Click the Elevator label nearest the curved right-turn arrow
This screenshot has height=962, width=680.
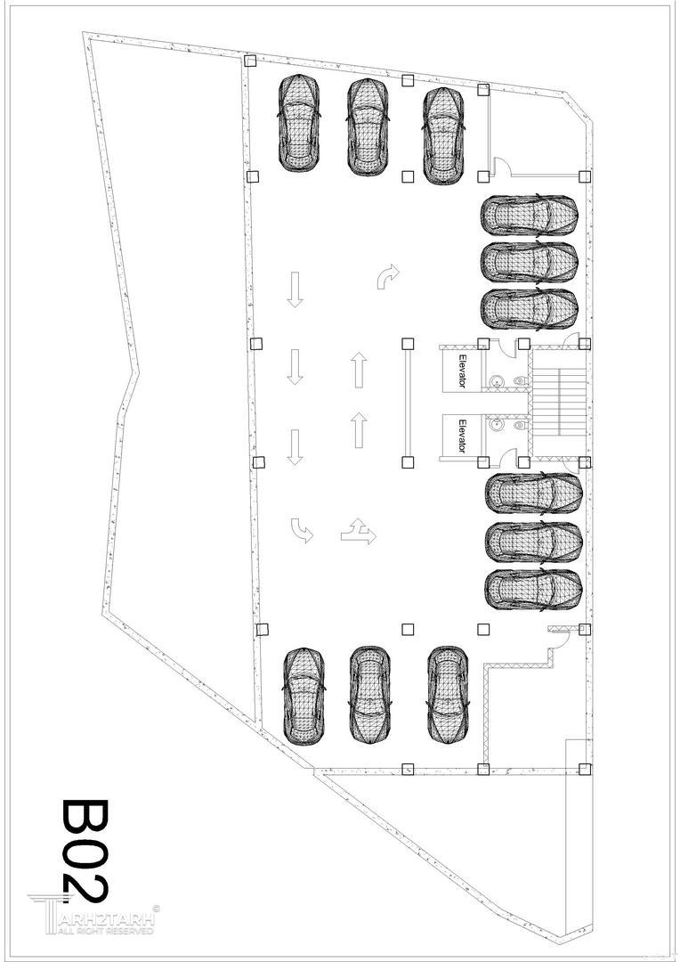click(x=462, y=370)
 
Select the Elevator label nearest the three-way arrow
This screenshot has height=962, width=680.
click(x=462, y=436)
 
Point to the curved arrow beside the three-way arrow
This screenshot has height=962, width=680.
click(x=301, y=529)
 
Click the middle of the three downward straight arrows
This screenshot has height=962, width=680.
click(x=295, y=367)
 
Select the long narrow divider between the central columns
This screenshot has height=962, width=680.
click(x=407, y=403)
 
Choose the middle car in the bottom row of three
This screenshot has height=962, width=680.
click(x=369, y=694)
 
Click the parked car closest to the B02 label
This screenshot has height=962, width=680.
click(x=304, y=697)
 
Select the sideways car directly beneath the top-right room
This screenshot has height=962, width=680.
click(x=530, y=216)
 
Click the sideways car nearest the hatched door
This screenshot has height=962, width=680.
click(x=533, y=590)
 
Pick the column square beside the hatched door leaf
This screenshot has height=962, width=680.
click(x=585, y=629)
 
